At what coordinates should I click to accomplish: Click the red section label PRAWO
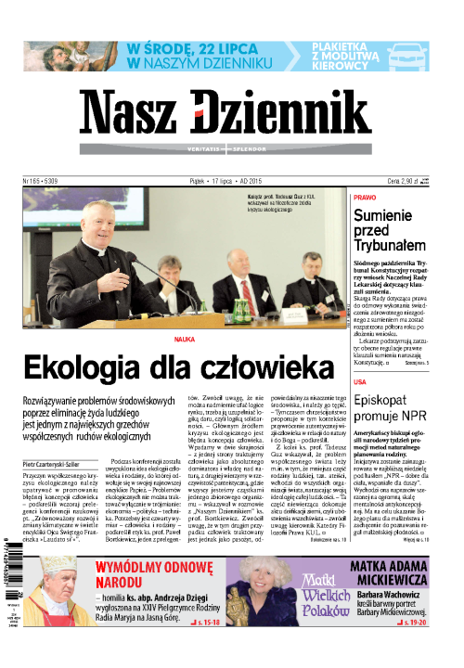point(365,198)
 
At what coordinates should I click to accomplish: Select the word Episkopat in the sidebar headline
point(383,403)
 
